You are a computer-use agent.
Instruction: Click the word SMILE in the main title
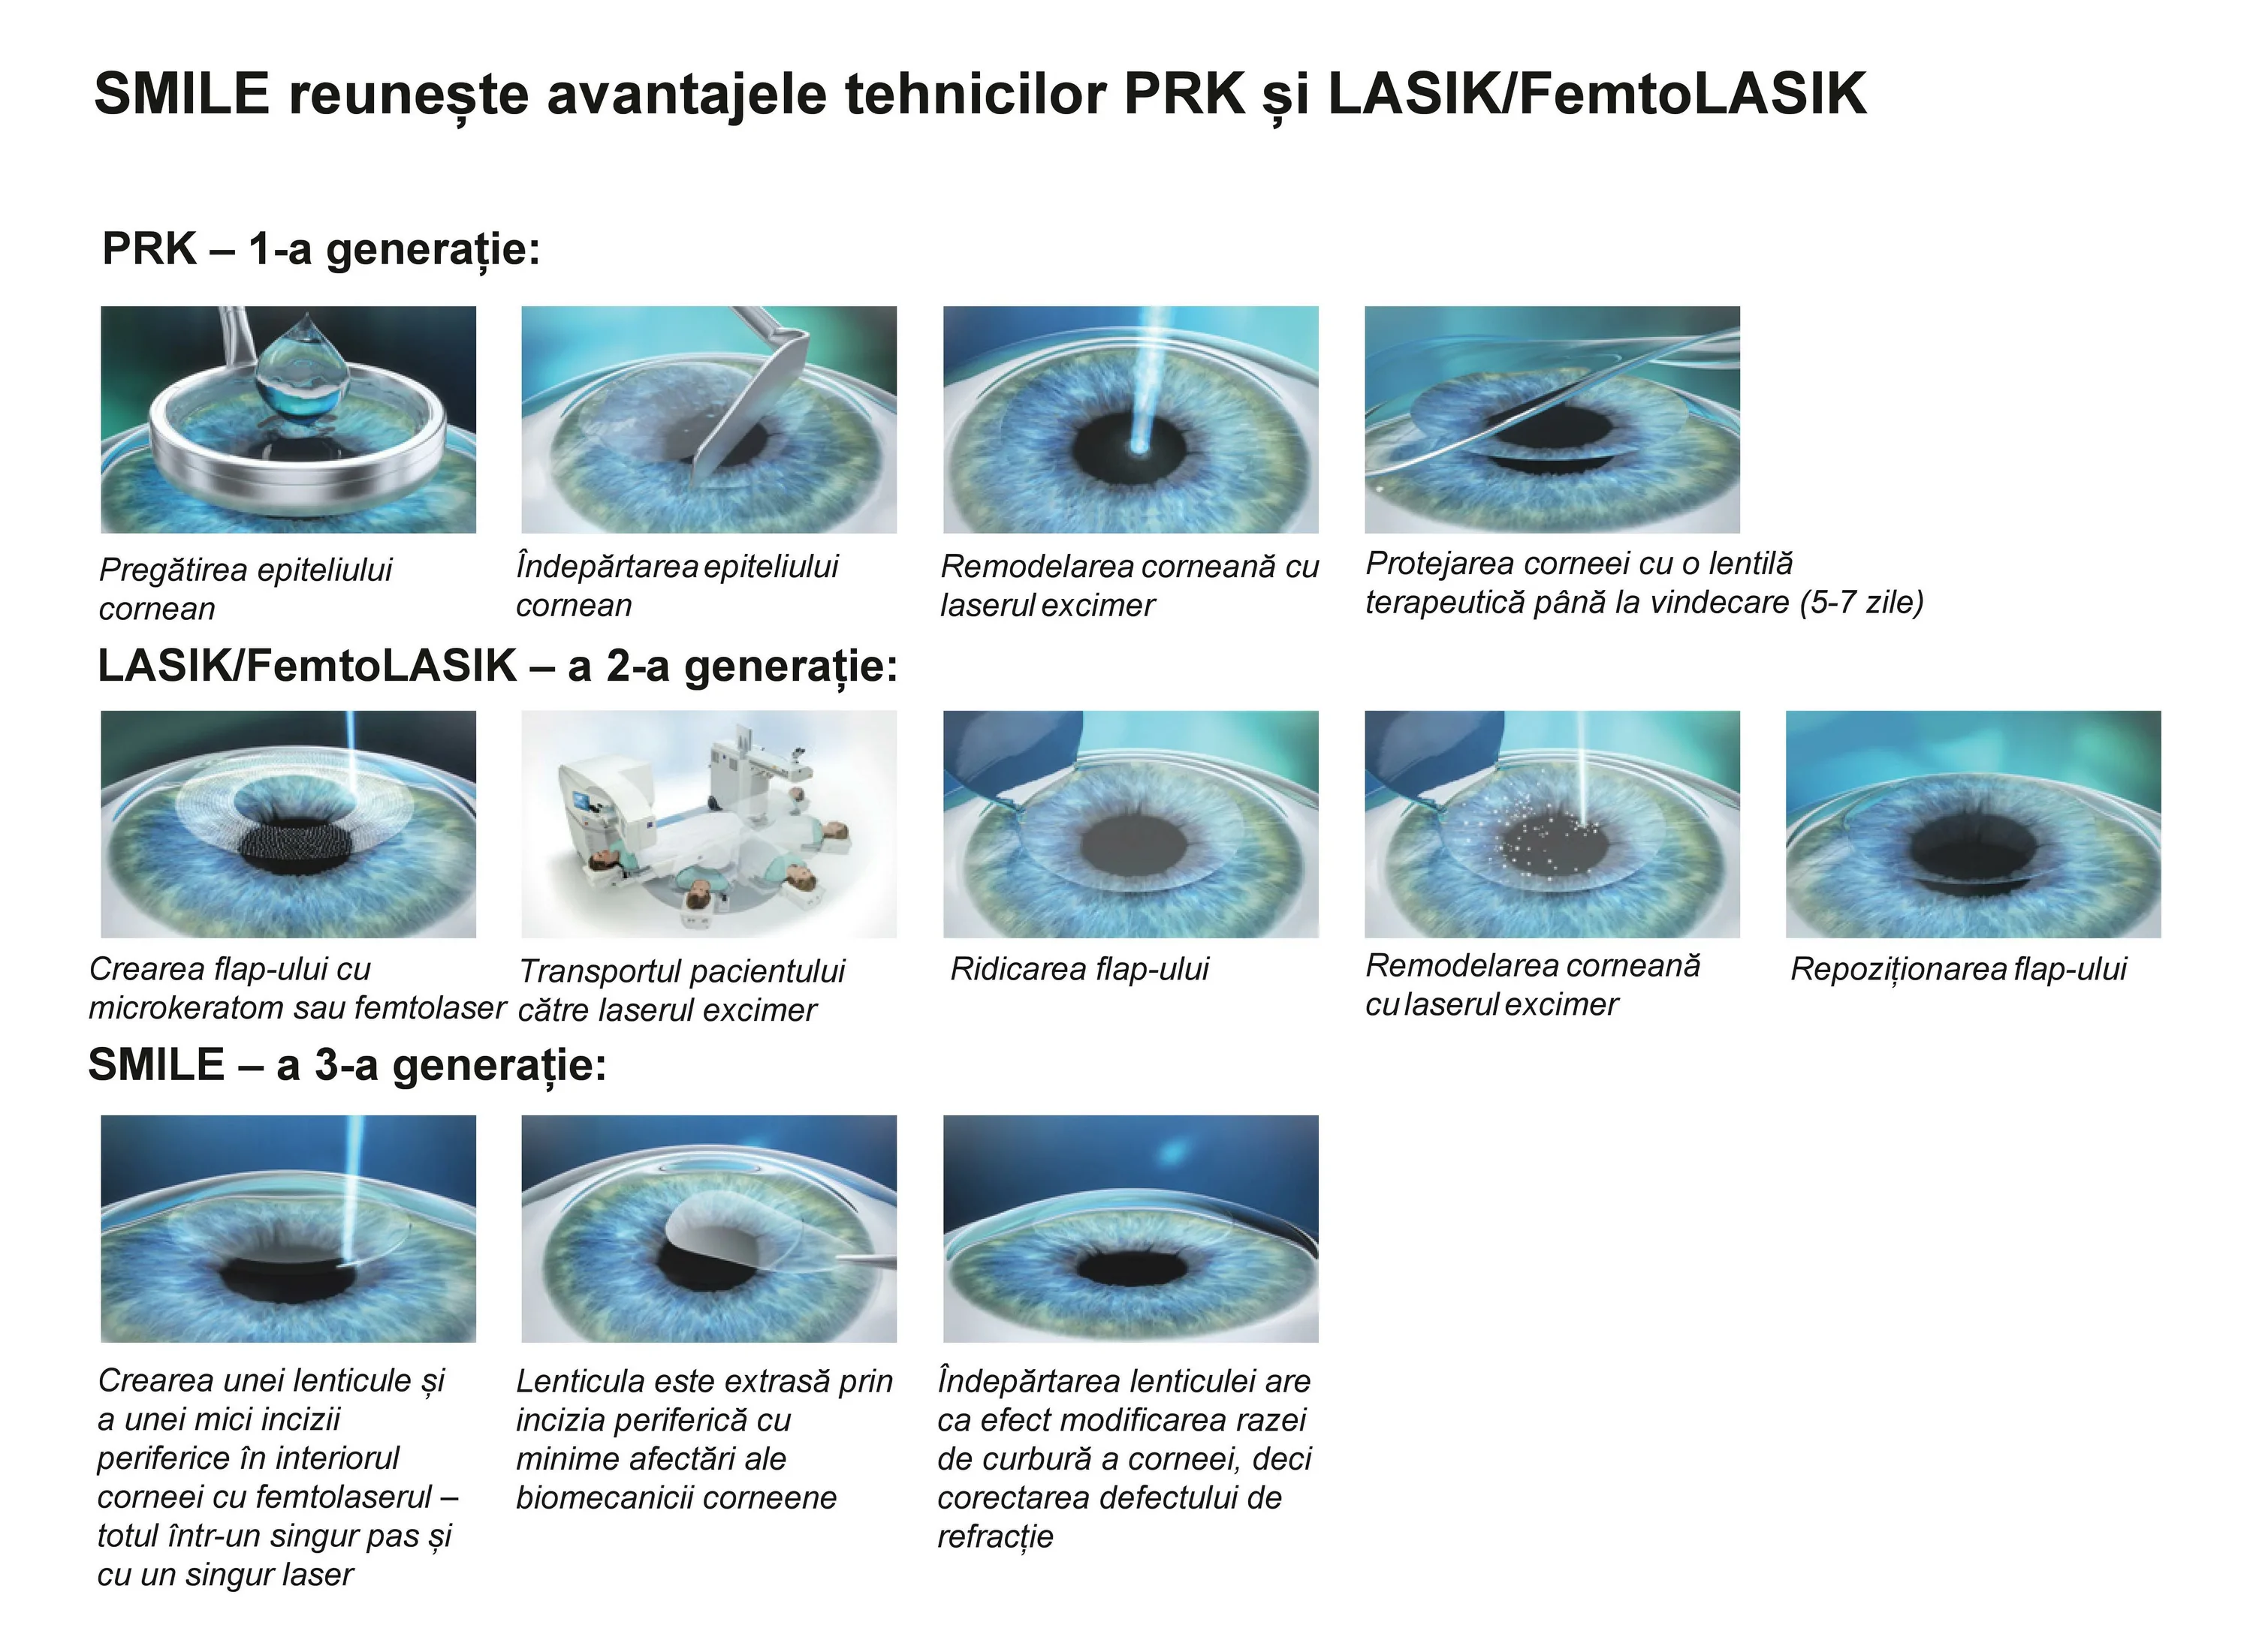point(182,95)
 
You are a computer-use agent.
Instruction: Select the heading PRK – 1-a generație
point(321,249)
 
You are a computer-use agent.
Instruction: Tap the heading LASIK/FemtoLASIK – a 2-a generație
point(497,666)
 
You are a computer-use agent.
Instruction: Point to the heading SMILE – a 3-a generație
point(348,1066)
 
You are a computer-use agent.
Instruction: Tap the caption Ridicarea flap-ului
point(1080,969)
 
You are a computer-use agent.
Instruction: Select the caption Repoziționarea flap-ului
point(1959,969)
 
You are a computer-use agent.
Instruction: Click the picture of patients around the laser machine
point(709,824)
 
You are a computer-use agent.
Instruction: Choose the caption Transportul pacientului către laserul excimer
point(681,990)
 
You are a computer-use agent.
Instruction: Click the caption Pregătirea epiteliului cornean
point(246,589)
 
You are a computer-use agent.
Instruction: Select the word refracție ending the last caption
point(996,1537)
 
